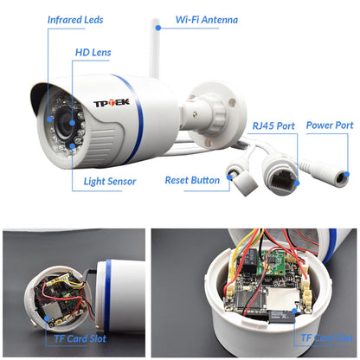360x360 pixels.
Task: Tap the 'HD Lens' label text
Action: click(92, 53)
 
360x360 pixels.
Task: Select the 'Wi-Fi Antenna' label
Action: click(207, 19)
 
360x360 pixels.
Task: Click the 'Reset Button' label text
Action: click(192, 181)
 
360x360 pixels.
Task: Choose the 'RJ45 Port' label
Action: click(273, 126)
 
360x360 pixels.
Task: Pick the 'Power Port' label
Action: click(329, 125)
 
